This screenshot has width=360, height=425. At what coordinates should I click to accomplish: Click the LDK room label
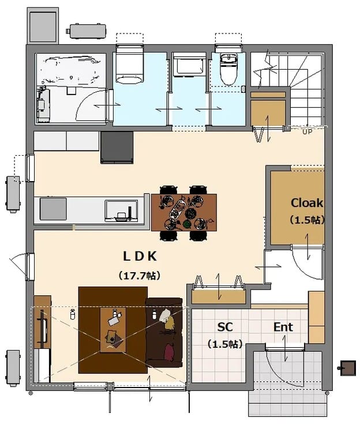click(140, 256)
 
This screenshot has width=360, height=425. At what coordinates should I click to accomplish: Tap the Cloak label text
click(307, 203)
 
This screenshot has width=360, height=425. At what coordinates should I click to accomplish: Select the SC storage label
click(225, 327)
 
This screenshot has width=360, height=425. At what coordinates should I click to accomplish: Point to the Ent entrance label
click(283, 327)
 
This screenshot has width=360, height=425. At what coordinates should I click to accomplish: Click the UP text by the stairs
click(307, 132)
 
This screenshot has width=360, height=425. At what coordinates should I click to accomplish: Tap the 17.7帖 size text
click(140, 276)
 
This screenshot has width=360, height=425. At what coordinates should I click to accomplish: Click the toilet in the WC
click(228, 69)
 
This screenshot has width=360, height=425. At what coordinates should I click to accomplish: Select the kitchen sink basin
click(121, 211)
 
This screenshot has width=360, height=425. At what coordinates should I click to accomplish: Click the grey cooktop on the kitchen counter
click(53, 209)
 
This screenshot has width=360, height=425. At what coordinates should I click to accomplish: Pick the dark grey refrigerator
click(117, 148)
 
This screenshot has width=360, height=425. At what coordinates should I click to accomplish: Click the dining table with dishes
click(184, 212)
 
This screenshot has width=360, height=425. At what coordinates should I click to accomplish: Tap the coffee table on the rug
click(113, 330)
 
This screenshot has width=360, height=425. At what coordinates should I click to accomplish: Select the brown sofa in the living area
click(164, 333)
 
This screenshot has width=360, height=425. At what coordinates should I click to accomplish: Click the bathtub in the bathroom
click(71, 70)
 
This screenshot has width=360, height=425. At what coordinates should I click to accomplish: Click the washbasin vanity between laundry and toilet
click(189, 66)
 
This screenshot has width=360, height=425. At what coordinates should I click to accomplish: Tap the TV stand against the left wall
click(42, 322)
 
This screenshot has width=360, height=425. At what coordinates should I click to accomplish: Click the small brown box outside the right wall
click(348, 368)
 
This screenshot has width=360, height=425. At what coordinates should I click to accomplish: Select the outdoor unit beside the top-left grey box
click(86, 31)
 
